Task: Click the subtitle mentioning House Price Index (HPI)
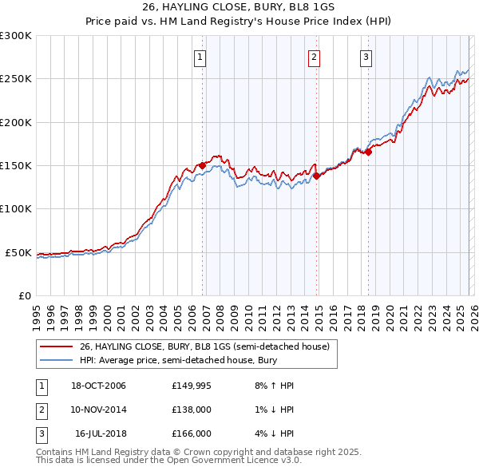tap(239, 22)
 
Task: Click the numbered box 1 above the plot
tap(199, 57)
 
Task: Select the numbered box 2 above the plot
tap(314, 57)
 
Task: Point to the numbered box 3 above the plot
tap(366, 57)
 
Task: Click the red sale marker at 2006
tap(203, 165)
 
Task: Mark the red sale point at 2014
tap(316, 176)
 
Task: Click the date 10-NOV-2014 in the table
tap(98, 410)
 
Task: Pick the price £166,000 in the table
tap(191, 433)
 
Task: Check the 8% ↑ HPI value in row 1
tap(275, 386)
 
